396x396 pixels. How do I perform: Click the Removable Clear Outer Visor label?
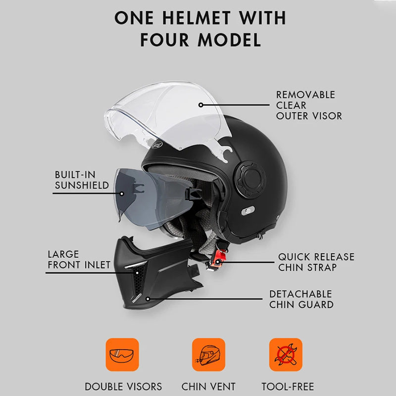(x=309, y=105)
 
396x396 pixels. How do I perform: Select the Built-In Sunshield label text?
(x=82, y=180)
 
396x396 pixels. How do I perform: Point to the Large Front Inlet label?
(x=79, y=259)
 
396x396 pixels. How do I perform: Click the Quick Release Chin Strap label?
(x=316, y=262)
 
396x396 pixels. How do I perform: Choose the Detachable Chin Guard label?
(x=300, y=299)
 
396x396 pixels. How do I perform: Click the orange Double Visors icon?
(x=122, y=355)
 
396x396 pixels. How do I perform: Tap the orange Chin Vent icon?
(x=208, y=355)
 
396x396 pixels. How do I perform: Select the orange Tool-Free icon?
(x=286, y=355)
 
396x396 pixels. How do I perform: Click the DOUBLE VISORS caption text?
(x=123, y=387)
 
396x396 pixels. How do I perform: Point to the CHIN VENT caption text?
(x=208, y=387)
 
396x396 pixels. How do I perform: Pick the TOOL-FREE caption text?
(x=288, y=387)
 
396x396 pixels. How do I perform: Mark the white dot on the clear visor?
(x=201, y=104)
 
